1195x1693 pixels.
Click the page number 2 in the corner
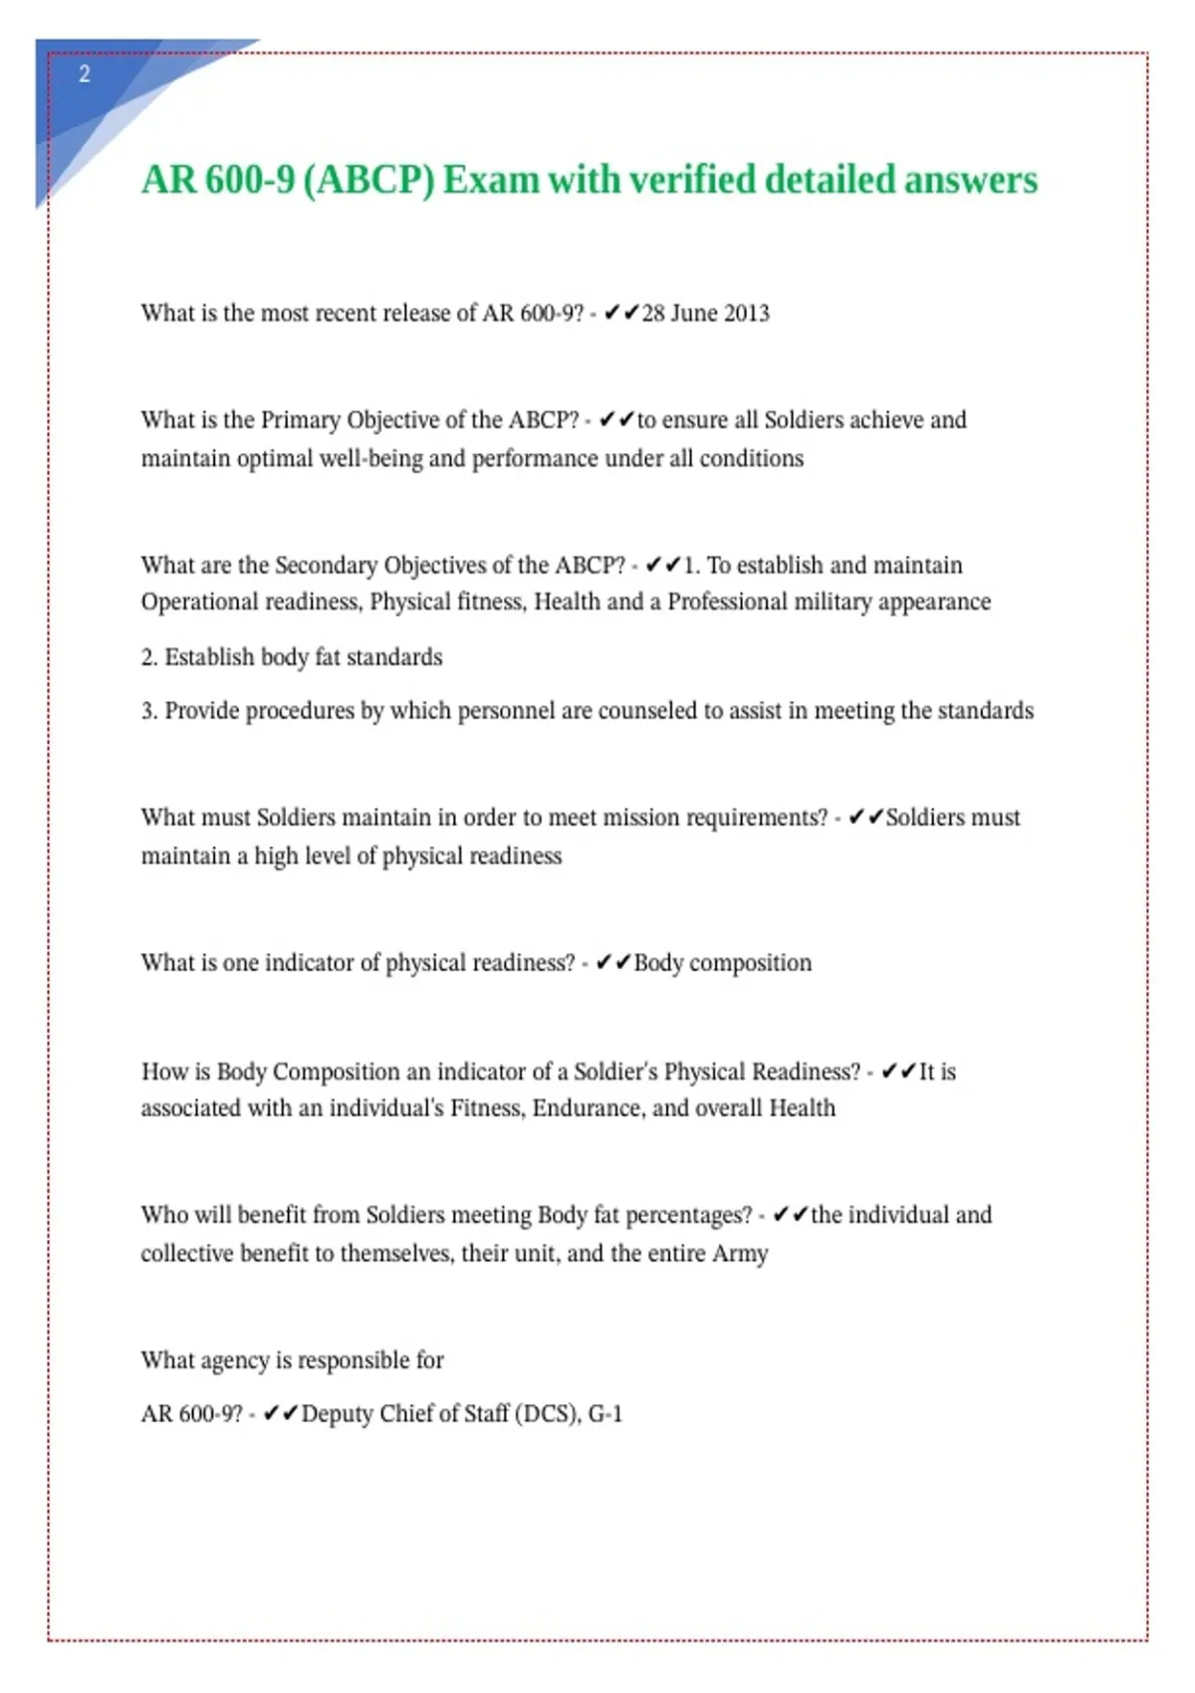(85, 74)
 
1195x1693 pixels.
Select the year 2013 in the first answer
(746, 313)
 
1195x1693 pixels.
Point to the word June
(693, 313)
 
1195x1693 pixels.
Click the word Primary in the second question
(300, 419)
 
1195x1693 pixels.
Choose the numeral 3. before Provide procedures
(149, 710)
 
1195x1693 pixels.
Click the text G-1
(605, 1414)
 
